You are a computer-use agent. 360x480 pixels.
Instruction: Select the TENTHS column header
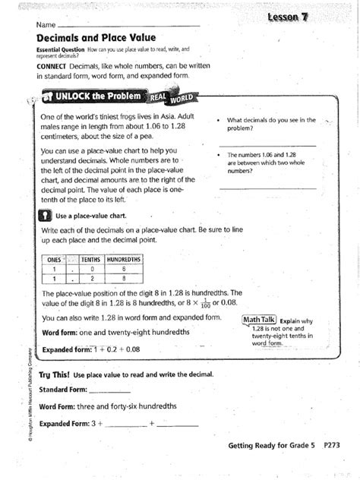click(x=91, y=259)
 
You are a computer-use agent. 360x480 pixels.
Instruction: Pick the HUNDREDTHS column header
click(x=124, y=259)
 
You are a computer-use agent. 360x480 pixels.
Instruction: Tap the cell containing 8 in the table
click(x=124, y=279)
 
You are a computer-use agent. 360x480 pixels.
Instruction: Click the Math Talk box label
click(x=259, y=320)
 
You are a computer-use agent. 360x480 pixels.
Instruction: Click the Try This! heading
click(x=54, y=375)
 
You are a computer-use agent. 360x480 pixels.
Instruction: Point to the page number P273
click(x=333, y=447)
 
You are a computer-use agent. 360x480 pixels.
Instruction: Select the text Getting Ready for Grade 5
click(x=270, y=447)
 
